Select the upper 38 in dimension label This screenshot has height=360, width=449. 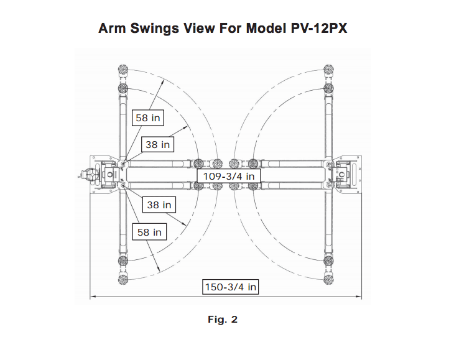pos(157,144)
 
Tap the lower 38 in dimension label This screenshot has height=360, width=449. pos(159,204)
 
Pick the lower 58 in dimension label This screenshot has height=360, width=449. pos(150,232)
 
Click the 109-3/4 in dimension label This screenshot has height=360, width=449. pos(230,177)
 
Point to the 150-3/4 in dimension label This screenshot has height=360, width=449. pos(231,287)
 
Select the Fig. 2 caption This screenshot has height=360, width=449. pos(223,320)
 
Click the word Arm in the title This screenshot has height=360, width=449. pos(113,29)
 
